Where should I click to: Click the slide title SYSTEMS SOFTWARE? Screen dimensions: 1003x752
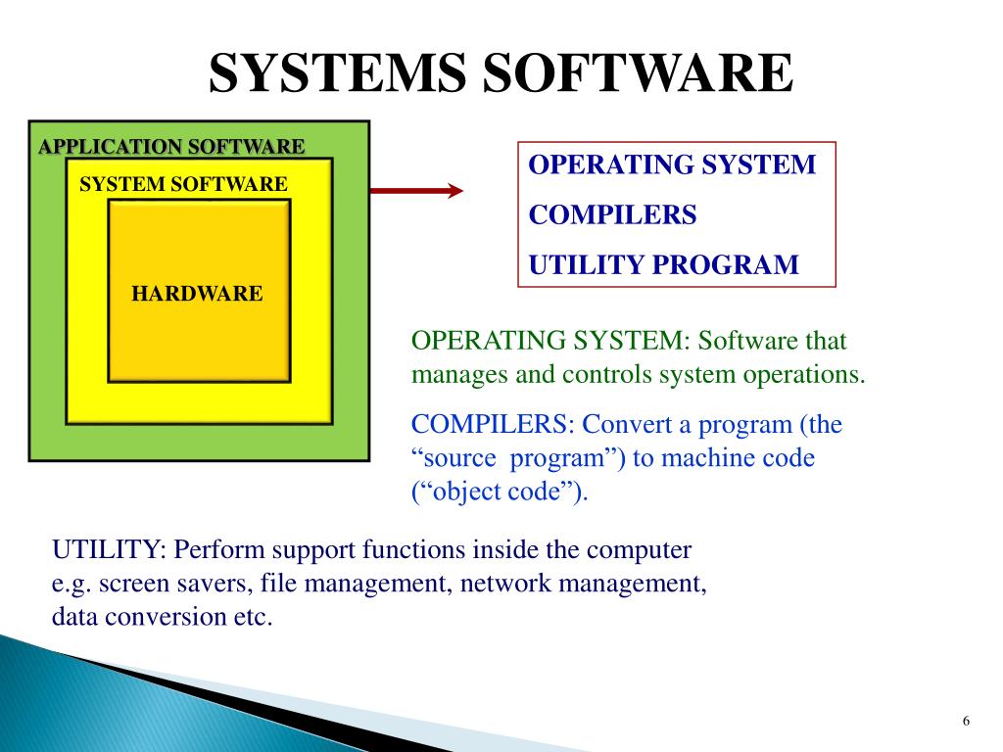501,74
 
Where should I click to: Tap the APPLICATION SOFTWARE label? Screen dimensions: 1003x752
171,148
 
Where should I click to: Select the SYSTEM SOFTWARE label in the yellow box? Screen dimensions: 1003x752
183,184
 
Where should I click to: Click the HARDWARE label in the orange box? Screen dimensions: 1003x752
198,293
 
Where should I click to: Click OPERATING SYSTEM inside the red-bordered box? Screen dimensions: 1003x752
672,164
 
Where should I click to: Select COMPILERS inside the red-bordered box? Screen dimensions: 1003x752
612,214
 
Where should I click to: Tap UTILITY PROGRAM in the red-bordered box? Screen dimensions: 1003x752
664,264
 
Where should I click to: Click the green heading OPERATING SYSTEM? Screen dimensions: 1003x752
550,342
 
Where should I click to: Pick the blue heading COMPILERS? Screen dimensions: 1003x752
493,425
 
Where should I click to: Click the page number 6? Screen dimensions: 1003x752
966,722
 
